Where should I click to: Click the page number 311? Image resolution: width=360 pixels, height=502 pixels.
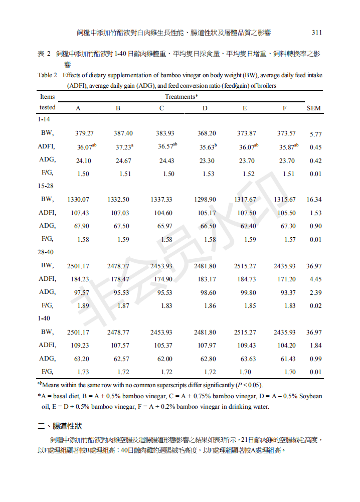point(316,33)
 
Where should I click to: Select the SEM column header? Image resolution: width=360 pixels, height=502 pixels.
point(314,108)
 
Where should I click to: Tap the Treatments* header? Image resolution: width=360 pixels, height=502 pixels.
point(182,96)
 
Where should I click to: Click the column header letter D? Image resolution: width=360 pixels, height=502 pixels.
point(205,108)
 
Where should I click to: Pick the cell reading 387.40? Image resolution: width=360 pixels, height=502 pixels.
point(123,133)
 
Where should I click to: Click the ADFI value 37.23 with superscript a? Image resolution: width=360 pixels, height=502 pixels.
point(124,147)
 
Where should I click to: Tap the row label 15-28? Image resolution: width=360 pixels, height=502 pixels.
point(46,186)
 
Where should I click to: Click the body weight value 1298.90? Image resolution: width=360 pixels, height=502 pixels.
point(205,200)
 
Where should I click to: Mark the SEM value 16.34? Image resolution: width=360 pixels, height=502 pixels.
point(314,200)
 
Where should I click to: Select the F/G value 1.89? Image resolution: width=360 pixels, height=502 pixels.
point(83,305)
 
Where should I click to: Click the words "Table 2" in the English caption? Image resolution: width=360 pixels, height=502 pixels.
point(48,76)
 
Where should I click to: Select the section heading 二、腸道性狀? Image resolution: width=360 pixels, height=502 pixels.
point(60,426)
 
